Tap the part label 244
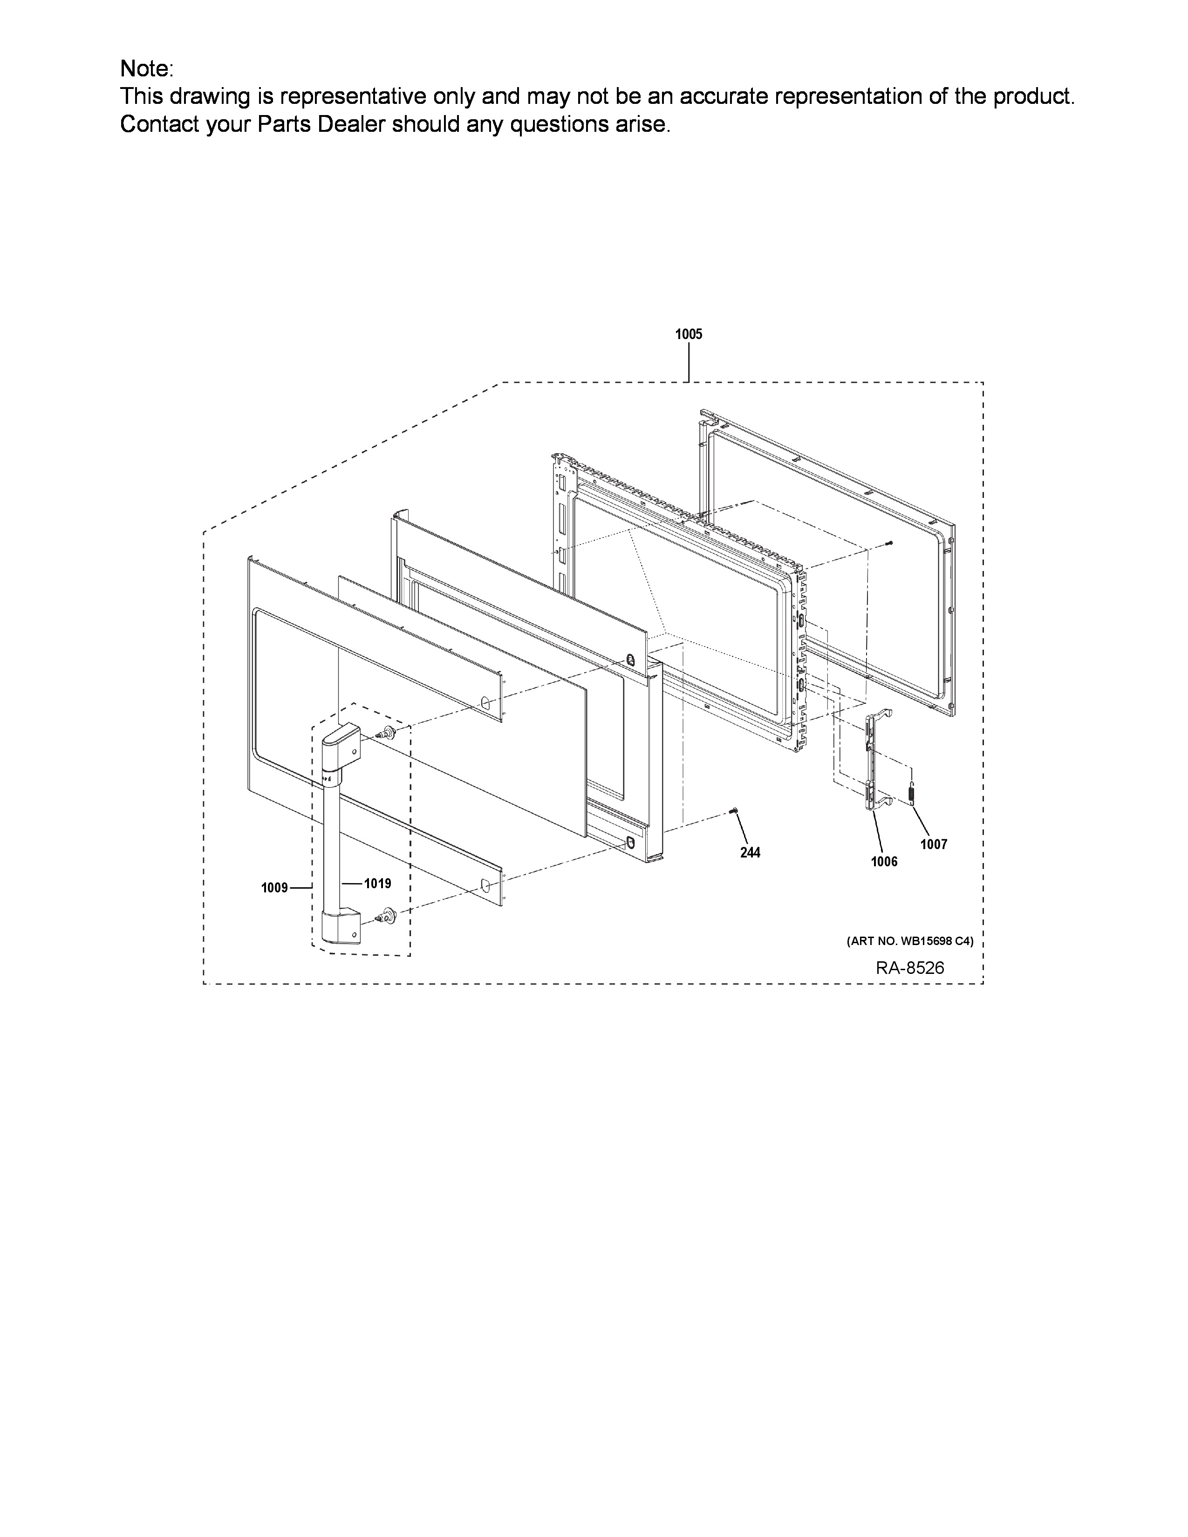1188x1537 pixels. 750,852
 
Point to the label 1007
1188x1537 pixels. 934,844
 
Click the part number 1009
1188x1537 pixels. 274,888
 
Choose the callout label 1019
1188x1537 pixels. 378,883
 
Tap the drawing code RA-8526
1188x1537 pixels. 910,968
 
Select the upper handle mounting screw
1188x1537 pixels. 386,734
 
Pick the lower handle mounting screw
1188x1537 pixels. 386,914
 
